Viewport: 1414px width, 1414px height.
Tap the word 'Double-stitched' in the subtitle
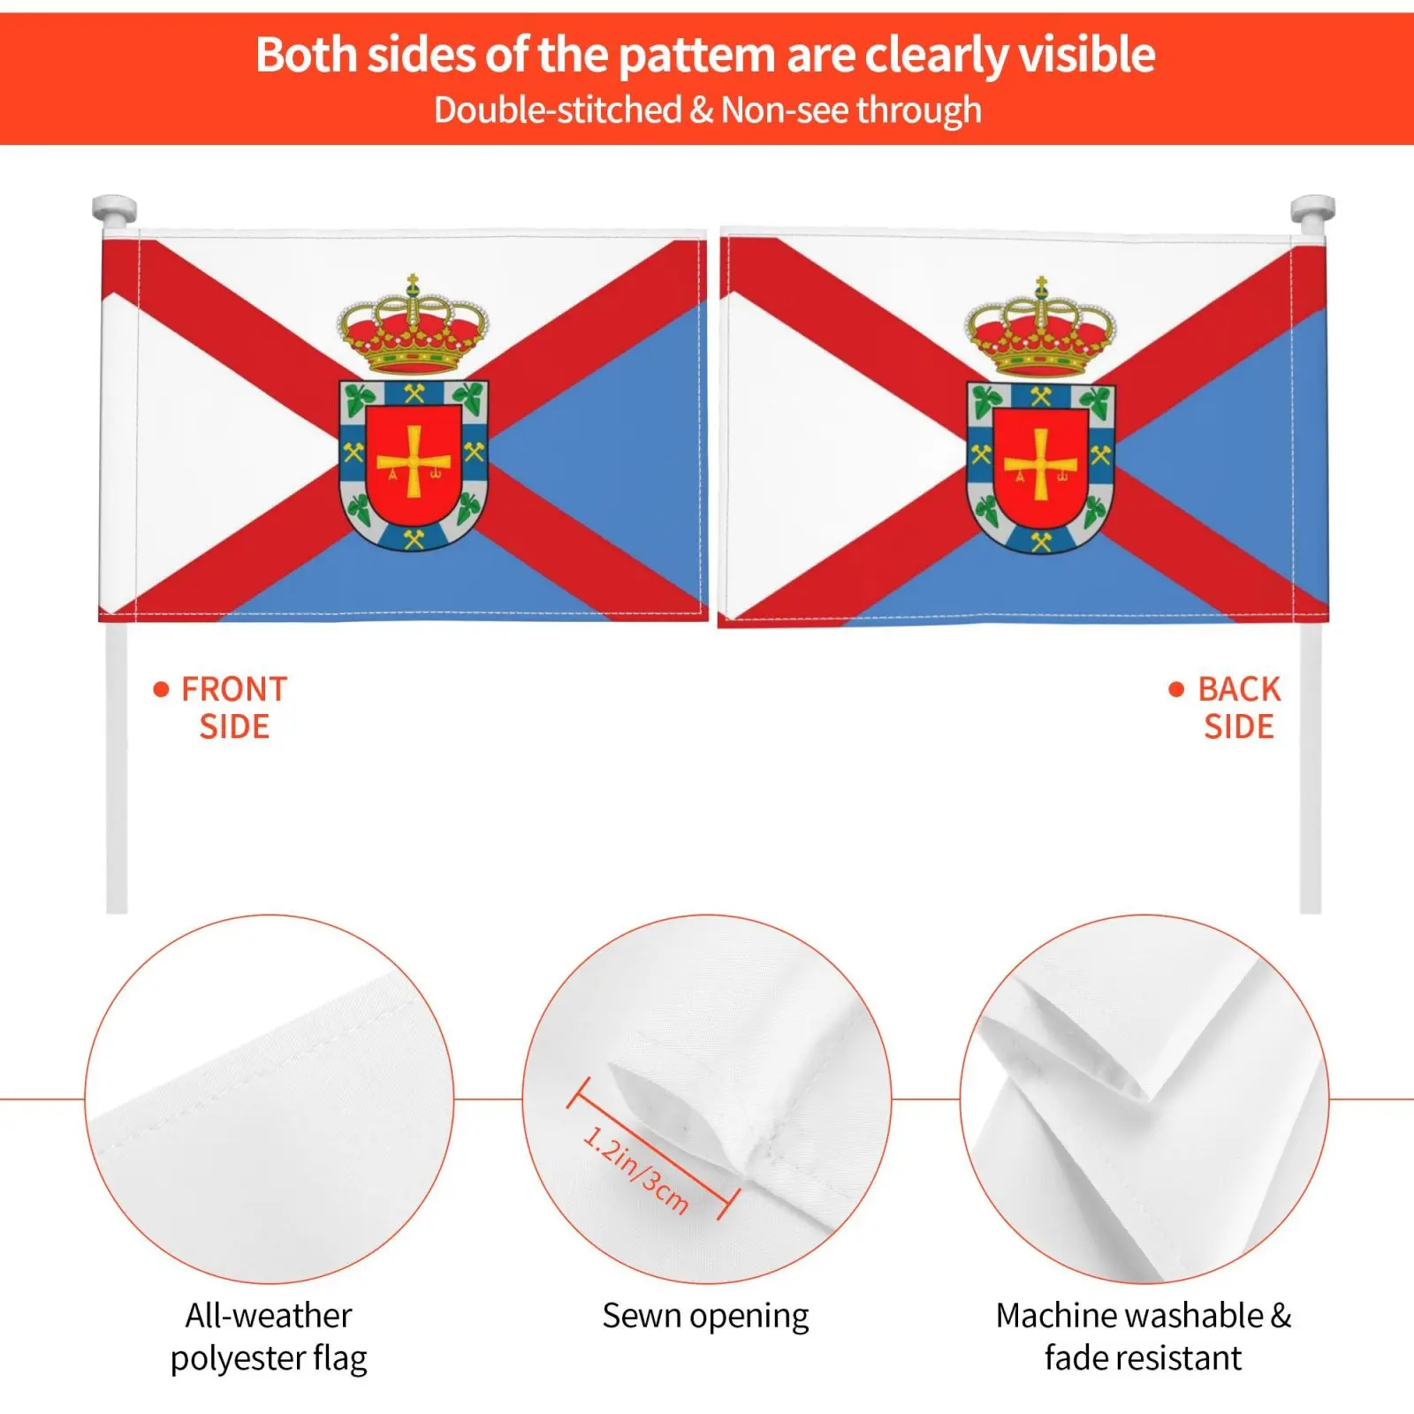point(558,110)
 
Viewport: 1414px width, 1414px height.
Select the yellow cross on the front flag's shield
point(414,460)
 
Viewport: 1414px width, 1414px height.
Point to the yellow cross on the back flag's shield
point(1041,464)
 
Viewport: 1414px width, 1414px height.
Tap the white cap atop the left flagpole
point(115,210)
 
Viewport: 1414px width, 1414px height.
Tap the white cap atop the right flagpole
point(1312,210)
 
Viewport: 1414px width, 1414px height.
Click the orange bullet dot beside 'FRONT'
point(161,689)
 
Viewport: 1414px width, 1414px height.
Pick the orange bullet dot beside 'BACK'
point(1176,689)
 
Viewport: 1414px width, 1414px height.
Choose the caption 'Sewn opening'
point(705,1316)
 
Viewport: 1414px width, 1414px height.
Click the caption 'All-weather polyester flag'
point(269,1337)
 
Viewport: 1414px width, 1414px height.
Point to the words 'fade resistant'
point(1143,1357)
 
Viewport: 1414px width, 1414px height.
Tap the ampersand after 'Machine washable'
point(1281,1316)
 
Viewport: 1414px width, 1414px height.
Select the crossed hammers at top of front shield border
point(414,393)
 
